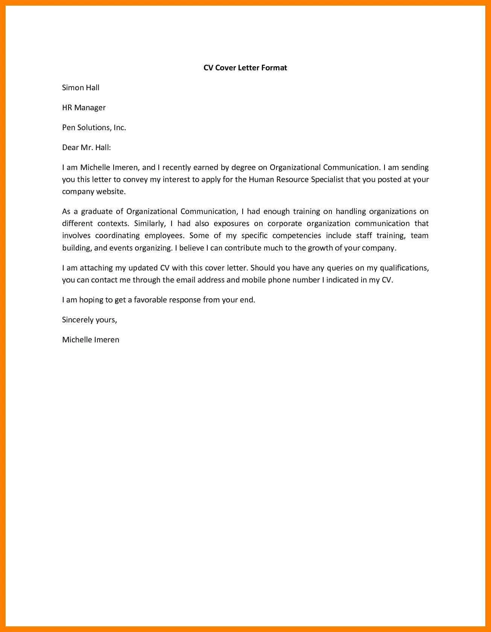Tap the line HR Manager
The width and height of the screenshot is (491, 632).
[x=84, y=108]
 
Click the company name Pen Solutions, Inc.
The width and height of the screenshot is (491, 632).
[x=94, y=128]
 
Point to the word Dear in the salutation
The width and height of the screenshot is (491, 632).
[x=70, y=147]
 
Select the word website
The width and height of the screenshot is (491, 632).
[x=111, y=191]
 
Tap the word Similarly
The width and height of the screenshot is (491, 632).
[x=149, y=223]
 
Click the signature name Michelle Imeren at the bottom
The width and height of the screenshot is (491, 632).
[x=91, y=340]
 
